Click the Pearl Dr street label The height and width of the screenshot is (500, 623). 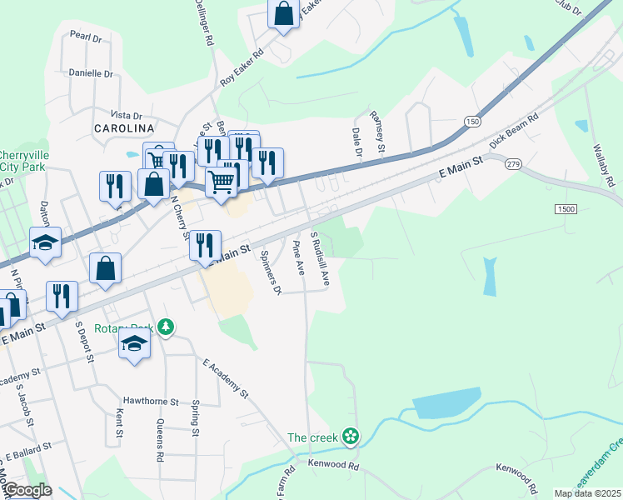click(x=85, y=37)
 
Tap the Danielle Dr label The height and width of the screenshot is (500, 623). click(x=90, y=73)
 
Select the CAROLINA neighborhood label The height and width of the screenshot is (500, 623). click(x=124, y=128)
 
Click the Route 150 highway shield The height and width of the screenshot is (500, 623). click(x=472, y=122)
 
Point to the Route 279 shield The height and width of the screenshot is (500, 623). click(x=512, y=164)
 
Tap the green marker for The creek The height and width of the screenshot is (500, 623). click(x=351, y=436)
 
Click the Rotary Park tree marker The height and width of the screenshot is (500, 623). click(x=167, y=326)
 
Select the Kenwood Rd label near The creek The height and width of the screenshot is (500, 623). click(x=332, y=465)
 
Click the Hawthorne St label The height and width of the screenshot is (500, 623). click(x=151, y=401)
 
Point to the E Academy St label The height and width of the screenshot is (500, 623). click(x=226, y=377)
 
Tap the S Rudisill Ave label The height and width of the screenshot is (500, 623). click(x=321, y=259)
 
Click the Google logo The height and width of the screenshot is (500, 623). click(x=27, y=490)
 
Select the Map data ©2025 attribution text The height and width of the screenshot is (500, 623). click(x=587, y=493)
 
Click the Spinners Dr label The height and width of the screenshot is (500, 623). click(x=271, y=272)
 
